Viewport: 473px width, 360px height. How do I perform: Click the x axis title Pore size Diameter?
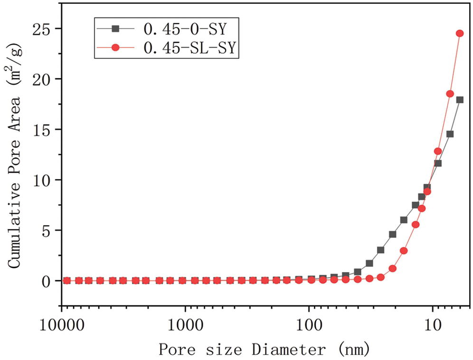point(263,350)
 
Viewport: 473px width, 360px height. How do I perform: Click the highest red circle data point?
point(460,33)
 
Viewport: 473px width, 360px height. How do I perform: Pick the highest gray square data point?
point(460,100)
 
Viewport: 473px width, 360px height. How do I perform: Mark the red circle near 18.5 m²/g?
point(450,94)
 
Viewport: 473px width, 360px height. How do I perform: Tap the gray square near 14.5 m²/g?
point(450,134)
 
